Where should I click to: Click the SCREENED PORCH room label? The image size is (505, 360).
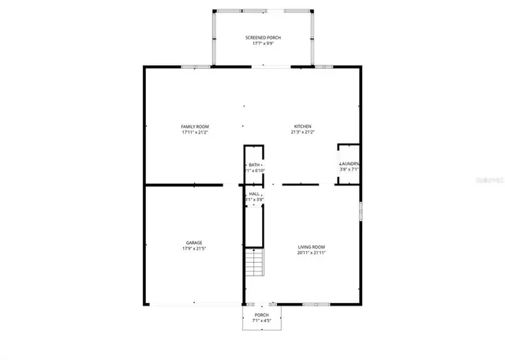(263, 38)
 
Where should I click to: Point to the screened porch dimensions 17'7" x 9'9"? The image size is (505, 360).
(263, 44)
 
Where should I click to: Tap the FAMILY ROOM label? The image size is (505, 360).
(194, 126)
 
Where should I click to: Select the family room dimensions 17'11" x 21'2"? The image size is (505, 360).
(194, 133)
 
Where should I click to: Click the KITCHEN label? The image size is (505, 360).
(303, 126)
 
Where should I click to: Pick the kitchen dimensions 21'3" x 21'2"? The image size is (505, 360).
(303, 133)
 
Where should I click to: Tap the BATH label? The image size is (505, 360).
(253, 164)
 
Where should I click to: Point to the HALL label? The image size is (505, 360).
(254, 193)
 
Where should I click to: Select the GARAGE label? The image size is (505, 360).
(194, 242)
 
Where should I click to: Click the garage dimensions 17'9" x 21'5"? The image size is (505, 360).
(194, 249)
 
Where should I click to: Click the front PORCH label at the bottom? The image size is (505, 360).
(261, 314)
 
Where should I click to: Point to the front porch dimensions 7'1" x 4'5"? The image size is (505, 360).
(261, 321)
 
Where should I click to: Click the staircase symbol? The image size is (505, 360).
(253, 261)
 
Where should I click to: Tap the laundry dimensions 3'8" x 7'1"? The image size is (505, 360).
(350, 170)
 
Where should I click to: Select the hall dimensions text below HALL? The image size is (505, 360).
(254, 200)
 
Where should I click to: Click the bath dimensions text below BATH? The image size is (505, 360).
(254, 171)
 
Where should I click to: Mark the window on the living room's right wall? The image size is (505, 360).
(361, 213)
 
